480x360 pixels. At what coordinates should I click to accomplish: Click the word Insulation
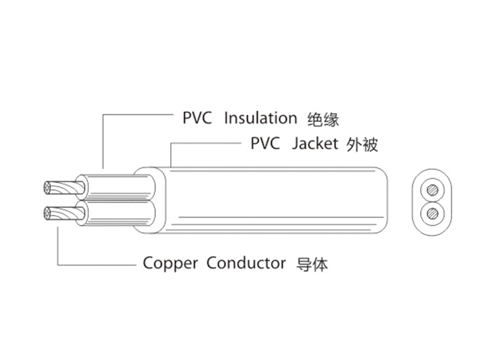261,118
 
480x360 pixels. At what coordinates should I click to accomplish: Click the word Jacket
315,144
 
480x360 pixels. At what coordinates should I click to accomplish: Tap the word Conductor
246,263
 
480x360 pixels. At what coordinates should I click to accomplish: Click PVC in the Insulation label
197,118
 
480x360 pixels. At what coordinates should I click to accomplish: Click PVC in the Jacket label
265,144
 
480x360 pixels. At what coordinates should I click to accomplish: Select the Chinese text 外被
361,144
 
